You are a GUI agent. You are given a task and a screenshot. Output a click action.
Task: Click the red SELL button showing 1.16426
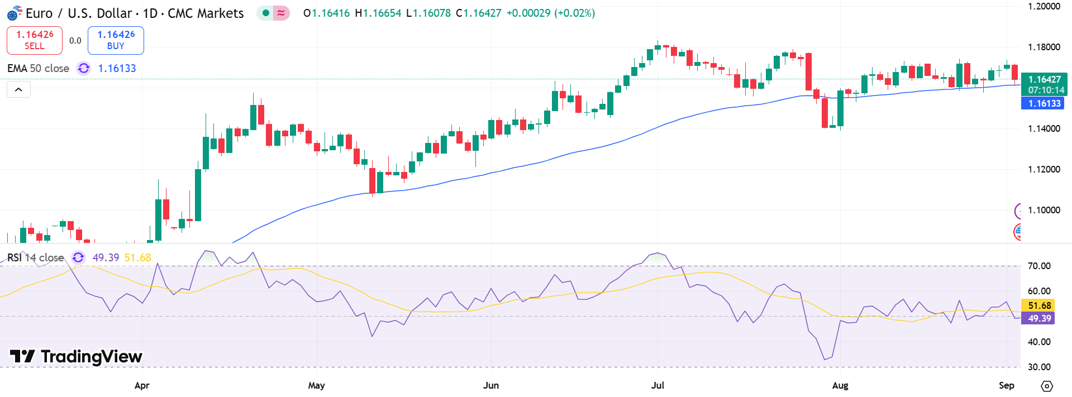click(35, 40)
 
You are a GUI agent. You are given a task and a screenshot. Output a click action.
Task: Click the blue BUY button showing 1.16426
click(116, 40)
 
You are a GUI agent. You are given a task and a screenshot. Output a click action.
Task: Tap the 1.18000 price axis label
click(1044, 47)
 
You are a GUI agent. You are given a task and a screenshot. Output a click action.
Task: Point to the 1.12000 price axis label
click(1044, 169)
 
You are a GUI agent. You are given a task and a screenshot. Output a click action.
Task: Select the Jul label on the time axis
click(658, 385)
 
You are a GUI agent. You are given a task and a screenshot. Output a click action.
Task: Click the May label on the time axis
click(316, 385)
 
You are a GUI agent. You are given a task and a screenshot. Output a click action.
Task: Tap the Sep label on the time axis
click(1006, 385)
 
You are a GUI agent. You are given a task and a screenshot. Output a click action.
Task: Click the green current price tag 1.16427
click(1044, 80)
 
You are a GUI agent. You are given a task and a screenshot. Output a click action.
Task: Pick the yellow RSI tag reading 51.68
click(1039, 305)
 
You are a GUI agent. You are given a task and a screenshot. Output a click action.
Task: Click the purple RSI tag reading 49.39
click(1039, 318)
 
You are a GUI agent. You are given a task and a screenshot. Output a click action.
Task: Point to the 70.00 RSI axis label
click(1039, 266)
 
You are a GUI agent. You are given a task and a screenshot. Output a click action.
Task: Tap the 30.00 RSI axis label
click(1039, 367)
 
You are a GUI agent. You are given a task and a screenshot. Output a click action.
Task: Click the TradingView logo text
click(77, 357)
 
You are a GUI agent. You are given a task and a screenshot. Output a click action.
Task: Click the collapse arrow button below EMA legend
click(18, 89)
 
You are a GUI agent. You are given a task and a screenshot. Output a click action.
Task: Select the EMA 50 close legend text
click(38, 68)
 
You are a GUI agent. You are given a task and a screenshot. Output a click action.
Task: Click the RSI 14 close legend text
click(35, 257)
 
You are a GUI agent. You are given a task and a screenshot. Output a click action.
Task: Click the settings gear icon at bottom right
click(1047, 386)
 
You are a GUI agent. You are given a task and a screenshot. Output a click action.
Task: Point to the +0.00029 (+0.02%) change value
click(550, 13)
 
